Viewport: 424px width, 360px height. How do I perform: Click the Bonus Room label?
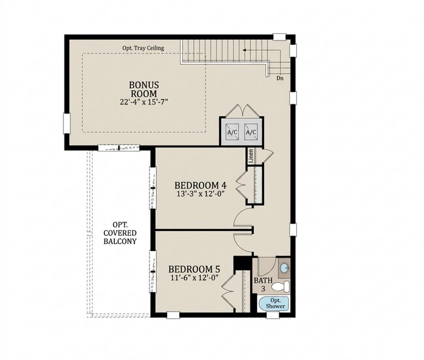pos(144,89)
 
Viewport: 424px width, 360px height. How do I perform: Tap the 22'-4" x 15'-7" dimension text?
pos(144,102)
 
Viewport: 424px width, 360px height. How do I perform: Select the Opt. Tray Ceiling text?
pos(143,48)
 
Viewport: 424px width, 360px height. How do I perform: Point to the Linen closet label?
pos(251,156)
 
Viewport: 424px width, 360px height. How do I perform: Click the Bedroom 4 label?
pos(200,185)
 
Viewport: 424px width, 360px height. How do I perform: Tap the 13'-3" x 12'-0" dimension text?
pos(200,194)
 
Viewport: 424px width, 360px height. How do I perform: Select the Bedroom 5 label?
pos(194,269)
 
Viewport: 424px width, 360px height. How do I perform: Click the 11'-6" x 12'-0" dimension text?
pos(194,278)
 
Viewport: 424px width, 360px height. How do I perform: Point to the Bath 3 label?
pos(263,284)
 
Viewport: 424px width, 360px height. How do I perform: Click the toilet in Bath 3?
pos(280,286)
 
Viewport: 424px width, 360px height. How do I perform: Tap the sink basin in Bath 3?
pos(284,269)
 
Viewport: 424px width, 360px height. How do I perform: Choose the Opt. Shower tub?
pos(273,303)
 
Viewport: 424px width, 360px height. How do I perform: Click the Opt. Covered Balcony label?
pos(120,233)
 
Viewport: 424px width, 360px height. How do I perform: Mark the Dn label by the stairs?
pos(280,78)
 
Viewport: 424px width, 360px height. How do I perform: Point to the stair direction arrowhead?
pos(244,50)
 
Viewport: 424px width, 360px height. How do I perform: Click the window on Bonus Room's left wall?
pos(67,123)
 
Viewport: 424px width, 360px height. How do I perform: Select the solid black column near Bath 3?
pos(243,263)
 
